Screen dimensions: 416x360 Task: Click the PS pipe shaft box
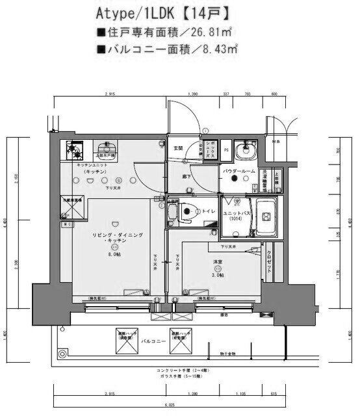(x=225, y=150)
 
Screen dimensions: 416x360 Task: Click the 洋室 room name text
(x=219, y=261)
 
